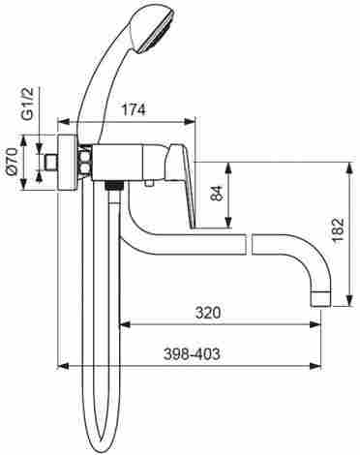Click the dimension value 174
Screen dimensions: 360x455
pos(134,109)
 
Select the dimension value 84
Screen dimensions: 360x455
pos(218,193)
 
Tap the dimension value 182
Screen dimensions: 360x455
pos(339,230)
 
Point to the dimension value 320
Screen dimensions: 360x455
pos(208,313)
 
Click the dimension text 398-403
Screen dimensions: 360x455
pos(192,354)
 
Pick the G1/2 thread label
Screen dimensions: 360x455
pos(28,105)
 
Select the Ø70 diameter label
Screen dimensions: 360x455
pos(13,162)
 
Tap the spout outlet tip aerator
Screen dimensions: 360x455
pos(320,298)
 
